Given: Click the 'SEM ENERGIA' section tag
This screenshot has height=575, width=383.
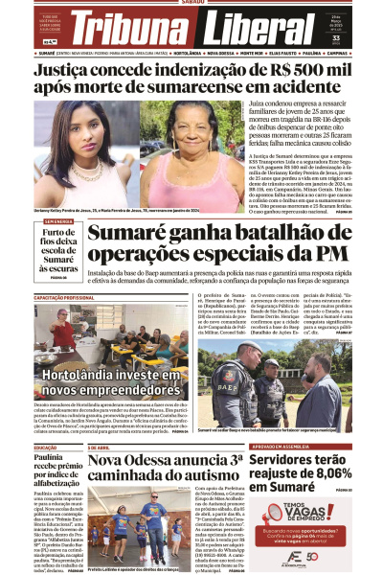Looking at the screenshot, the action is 58,221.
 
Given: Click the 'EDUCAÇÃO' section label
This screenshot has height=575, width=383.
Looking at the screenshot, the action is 46,448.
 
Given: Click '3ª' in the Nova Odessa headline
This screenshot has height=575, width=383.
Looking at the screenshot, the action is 236,461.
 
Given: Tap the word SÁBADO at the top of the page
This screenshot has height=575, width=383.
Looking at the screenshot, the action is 192,3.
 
